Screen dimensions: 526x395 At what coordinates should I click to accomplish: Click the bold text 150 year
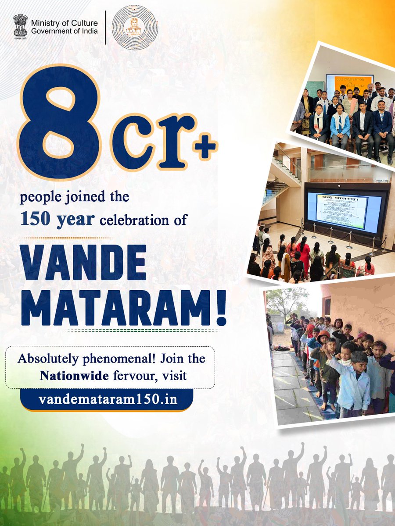[x=57, y=219]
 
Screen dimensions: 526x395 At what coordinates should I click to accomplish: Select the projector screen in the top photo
[x=349, y=85]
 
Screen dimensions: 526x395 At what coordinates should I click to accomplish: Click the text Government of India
[x=64, y=31]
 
